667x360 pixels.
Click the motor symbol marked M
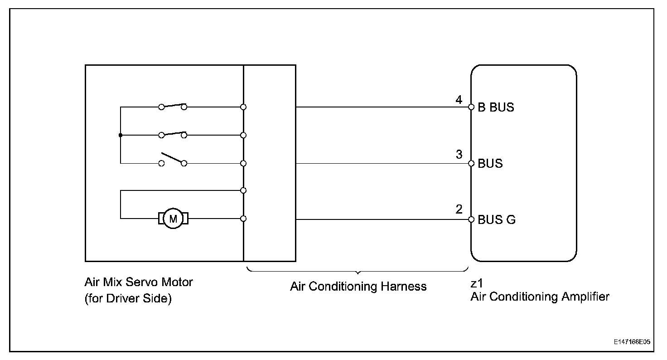173,219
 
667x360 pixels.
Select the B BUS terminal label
496,108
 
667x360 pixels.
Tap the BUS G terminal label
497,220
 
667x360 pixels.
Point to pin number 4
459,100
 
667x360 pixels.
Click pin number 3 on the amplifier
459,155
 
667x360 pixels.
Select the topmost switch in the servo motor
173,106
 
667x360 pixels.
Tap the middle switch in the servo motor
173,134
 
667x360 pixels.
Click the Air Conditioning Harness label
358,287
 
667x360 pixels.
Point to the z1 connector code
476,284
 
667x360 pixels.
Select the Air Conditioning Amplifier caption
540,297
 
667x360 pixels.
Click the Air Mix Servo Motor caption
139,282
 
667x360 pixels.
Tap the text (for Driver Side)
128,300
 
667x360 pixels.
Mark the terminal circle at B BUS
471,107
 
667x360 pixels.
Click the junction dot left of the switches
121,135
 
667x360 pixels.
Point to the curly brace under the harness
358,272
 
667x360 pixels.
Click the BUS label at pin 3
490,163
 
